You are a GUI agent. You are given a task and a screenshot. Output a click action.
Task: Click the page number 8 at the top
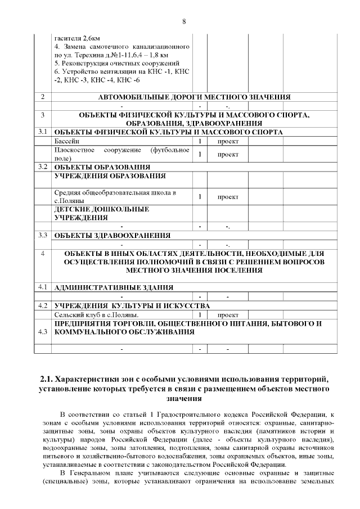coord(184,22)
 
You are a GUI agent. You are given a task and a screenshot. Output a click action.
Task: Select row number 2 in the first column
coord(43,97)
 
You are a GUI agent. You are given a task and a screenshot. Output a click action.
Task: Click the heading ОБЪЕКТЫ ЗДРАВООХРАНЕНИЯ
coord(112,235)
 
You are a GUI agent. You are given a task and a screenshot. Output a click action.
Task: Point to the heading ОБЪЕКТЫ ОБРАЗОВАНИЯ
coord(102,167)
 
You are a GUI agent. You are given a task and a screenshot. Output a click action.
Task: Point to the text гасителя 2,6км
coord(78,37)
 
